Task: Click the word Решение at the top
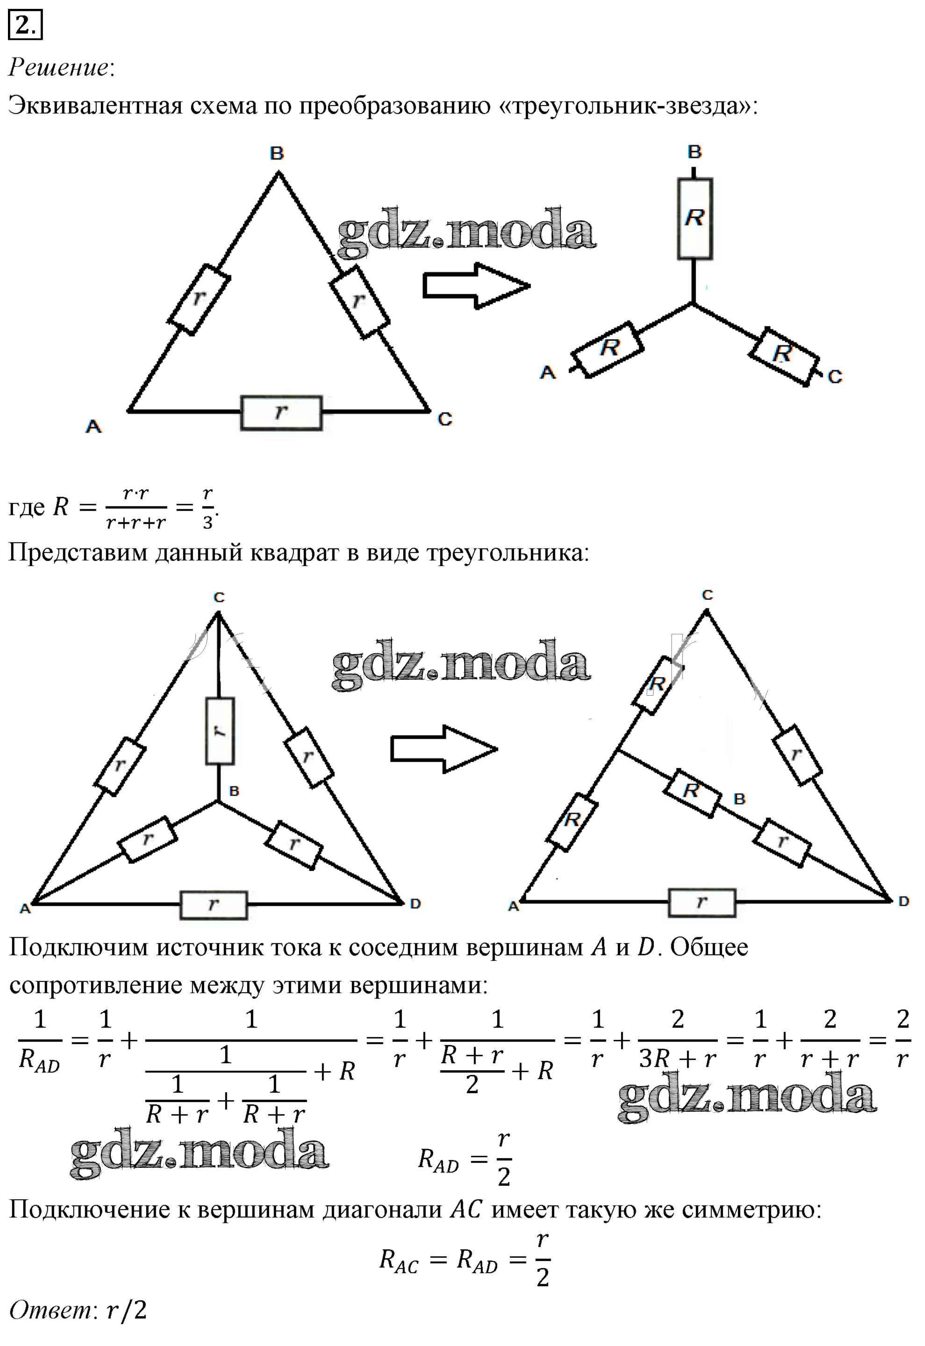pyautogui.click(x=58, y=67)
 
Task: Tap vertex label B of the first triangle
pyautogui.click(x=277, y=154)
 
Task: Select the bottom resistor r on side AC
pyautogui.click(x=281, y=413)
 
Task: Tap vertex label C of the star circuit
pyautogui.click(x=835, y=377)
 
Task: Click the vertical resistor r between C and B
pyautogui.click(x=220, y=730)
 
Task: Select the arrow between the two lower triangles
pyautogui.click(x=444, y=749)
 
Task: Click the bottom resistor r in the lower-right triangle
pyautogui.click(x=702, y=902)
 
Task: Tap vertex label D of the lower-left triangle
pyautogui.click(x=415, y=904)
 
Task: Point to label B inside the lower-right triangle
pyautogui.click(x=739, y=799)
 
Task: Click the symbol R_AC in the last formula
pyautogui.click(x=399, y=1261)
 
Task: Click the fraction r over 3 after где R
pyautogui.click(x=208, y=508)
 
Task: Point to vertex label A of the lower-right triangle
pyautogui.click(x=514, y=906)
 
